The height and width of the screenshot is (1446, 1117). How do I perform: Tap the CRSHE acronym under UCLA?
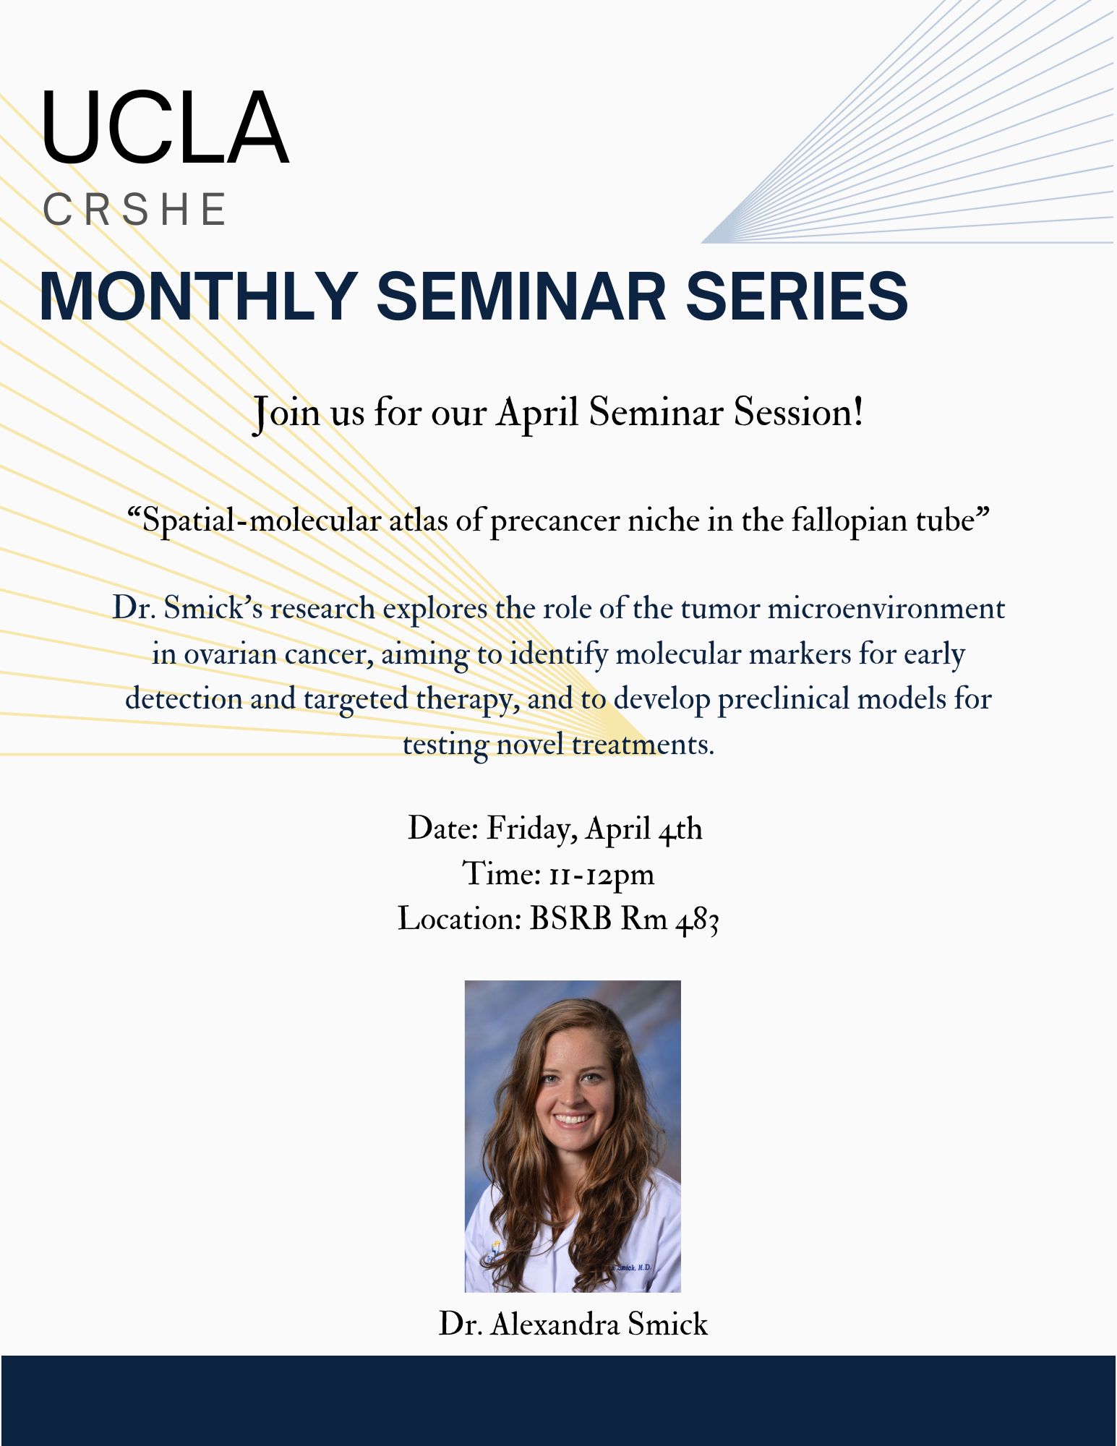click(x=135, y=210)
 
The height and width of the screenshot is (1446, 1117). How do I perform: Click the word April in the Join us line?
click(x=537, y=414)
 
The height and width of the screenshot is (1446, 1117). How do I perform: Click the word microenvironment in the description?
click(x=886, y=608)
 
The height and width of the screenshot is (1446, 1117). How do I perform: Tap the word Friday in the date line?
click(x=531, y=829)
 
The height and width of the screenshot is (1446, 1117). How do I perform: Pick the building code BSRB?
click(x=570, y=919)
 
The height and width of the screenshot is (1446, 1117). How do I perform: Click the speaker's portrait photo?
click(x=573, y=1136)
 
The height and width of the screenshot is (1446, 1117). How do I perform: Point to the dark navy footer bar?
click(x=558, y=1400)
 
